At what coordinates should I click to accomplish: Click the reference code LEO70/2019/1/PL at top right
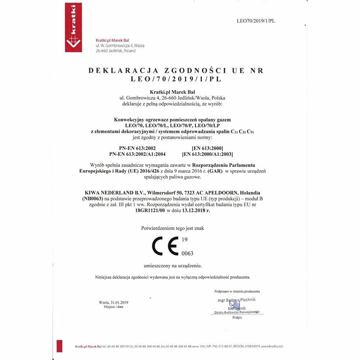pos(256,21)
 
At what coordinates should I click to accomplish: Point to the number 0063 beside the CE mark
pos(187,253)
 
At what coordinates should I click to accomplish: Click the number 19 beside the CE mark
pos(185,239)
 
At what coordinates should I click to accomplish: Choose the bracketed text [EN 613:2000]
pos(208,148)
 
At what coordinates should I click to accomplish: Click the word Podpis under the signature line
pos(237,318)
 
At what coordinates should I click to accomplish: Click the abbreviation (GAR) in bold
pos(215,171)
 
